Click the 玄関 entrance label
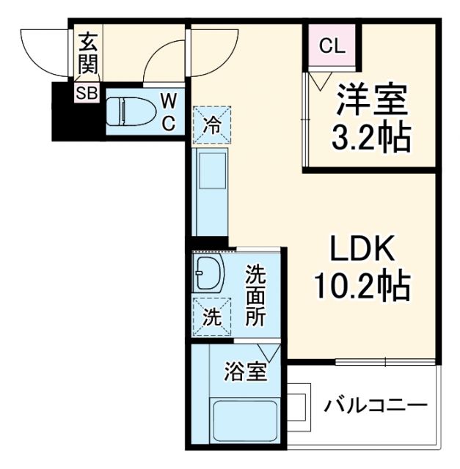[x=87, y=53]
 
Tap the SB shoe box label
[x=87, y=94]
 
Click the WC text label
[x=169, y=111]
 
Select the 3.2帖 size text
[x=370, y=137]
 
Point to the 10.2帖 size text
[x=361, y=285]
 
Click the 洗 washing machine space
[x=211, y=317]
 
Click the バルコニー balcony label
[x=376, y=405]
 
